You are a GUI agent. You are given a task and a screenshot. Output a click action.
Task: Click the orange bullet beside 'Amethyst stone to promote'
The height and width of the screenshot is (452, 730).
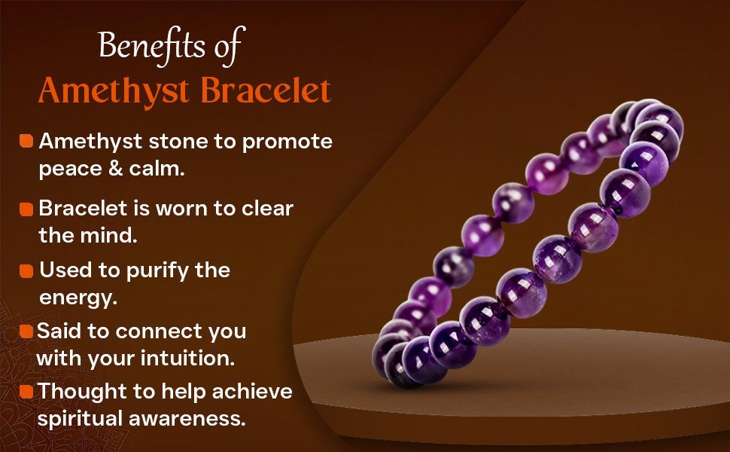(26, 141)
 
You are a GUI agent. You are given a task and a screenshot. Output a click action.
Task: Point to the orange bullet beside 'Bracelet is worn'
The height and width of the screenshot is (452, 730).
(26, 208)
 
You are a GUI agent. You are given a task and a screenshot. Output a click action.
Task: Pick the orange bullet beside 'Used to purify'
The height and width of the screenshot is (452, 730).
(26, 270)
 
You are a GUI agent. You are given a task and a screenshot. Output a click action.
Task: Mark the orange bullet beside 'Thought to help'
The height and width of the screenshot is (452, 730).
(26, 392)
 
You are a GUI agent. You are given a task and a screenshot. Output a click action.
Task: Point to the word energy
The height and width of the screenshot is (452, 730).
(78, 298)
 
